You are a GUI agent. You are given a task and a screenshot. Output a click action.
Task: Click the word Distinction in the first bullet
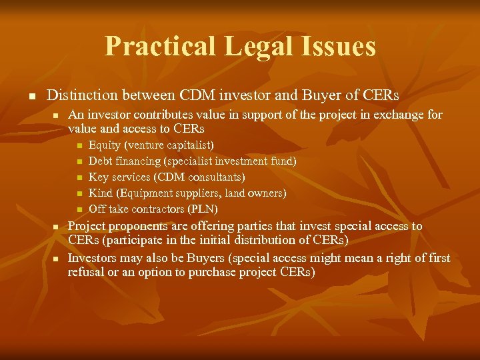[83, 95]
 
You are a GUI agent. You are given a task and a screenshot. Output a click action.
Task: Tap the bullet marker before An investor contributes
[56, 115]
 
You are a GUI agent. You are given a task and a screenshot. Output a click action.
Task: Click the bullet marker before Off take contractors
[78, 210]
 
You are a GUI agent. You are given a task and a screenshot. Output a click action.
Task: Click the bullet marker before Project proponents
[56, 227]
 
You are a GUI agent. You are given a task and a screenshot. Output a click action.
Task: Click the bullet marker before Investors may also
[56, 259]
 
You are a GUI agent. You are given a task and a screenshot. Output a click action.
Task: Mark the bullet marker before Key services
[78, 178]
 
